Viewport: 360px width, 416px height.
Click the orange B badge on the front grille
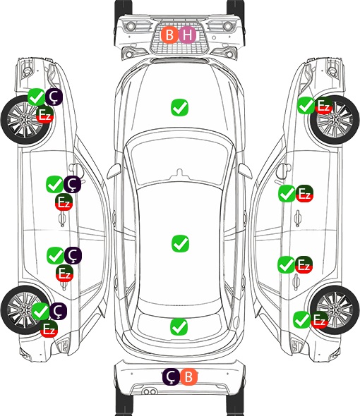169,35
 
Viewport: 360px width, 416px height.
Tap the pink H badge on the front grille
187,35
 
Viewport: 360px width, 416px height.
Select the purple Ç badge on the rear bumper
171,377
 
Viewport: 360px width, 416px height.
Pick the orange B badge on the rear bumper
188,377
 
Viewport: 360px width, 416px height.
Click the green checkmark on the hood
179,107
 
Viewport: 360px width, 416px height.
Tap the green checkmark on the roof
180,243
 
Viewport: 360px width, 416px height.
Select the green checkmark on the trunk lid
179,327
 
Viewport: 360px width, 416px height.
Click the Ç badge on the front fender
54,97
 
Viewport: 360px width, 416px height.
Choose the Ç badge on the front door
72,184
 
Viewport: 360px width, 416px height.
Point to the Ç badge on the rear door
73,255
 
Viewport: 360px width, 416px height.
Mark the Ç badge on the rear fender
58,311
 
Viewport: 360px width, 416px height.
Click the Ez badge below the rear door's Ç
64,274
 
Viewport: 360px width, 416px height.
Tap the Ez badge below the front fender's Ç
45,115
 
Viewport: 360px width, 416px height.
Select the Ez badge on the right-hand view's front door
304,193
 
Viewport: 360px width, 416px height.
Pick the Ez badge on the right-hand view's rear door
304,265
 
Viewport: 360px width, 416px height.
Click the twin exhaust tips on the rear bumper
150,392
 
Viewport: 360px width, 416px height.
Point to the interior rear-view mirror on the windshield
179,174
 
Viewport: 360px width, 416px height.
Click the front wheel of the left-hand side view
26,121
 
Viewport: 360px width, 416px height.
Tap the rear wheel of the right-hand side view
335,310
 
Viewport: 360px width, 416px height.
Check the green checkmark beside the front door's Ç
55,184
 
